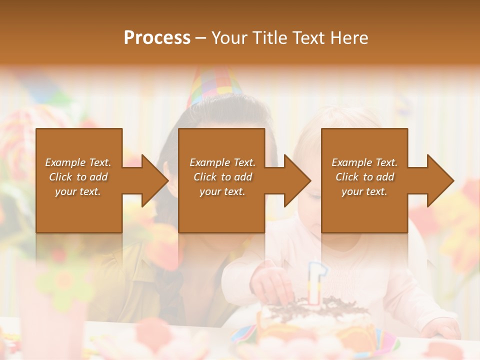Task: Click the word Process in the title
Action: [x=157, y=38]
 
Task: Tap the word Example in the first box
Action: [x=65, y=162]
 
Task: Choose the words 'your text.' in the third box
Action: [x=364, y=191]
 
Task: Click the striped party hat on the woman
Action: [x=212, y=85]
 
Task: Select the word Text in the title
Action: [x=308, y=38]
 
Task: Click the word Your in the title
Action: [x=229, y=38]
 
